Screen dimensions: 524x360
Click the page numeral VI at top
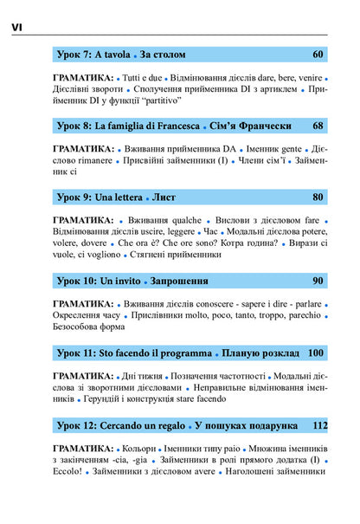[17, 28]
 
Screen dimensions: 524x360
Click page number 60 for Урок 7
[318, 55]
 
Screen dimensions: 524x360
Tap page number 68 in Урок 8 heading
[318, 126]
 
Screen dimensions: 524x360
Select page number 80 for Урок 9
[318, 197]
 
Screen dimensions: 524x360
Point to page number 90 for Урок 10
[318, 281]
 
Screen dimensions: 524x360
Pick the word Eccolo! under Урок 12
[72, 472]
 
